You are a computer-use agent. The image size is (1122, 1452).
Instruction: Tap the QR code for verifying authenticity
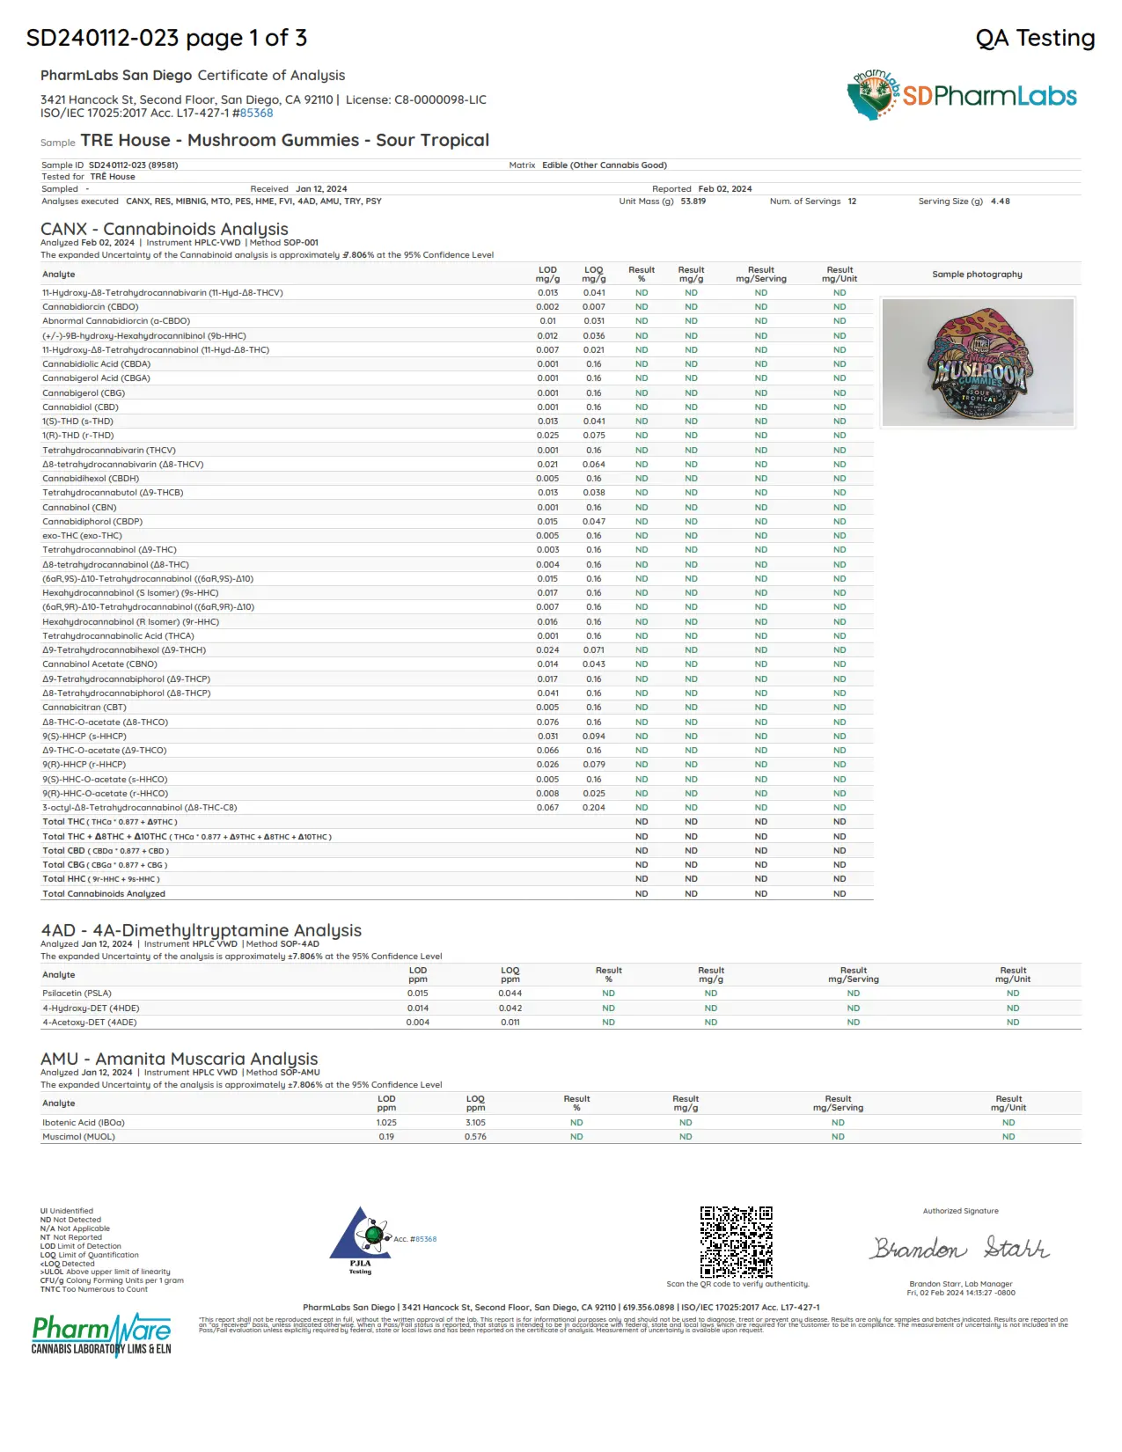click(736, 1242)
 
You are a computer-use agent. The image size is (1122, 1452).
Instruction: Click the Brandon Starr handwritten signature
click(960, 1248)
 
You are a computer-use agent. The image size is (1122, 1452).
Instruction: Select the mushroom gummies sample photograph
click(978, 363)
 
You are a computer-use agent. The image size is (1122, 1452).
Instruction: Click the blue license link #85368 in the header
click(256, 114)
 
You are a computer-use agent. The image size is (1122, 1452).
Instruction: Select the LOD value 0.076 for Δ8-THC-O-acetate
click(547, 722)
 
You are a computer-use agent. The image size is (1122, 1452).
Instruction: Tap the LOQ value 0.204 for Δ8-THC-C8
click(594, 808)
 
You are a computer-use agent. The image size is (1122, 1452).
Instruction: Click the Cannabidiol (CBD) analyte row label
click(80, 407)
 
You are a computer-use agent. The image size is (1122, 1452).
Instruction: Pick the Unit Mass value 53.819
click(693, 202)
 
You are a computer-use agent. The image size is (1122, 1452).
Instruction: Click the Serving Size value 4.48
click(1000, 202)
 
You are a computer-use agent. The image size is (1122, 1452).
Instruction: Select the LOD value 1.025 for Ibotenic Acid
click(386, 1123)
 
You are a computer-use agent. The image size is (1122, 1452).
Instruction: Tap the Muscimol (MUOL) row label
click(78, 1137)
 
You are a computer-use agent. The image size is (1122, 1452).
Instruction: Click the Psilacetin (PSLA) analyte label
click(77, 994)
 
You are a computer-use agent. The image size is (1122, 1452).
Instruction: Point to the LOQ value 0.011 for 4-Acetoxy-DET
click(510, 1023)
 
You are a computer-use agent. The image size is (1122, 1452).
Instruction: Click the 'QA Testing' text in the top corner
click(1035, 38)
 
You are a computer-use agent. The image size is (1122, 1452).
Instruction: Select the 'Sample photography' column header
click(977, 275)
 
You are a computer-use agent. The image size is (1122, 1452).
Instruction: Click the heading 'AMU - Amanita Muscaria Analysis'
click(179, 1059)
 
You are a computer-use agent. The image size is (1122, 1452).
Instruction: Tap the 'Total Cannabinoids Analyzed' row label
click(104, 894)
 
